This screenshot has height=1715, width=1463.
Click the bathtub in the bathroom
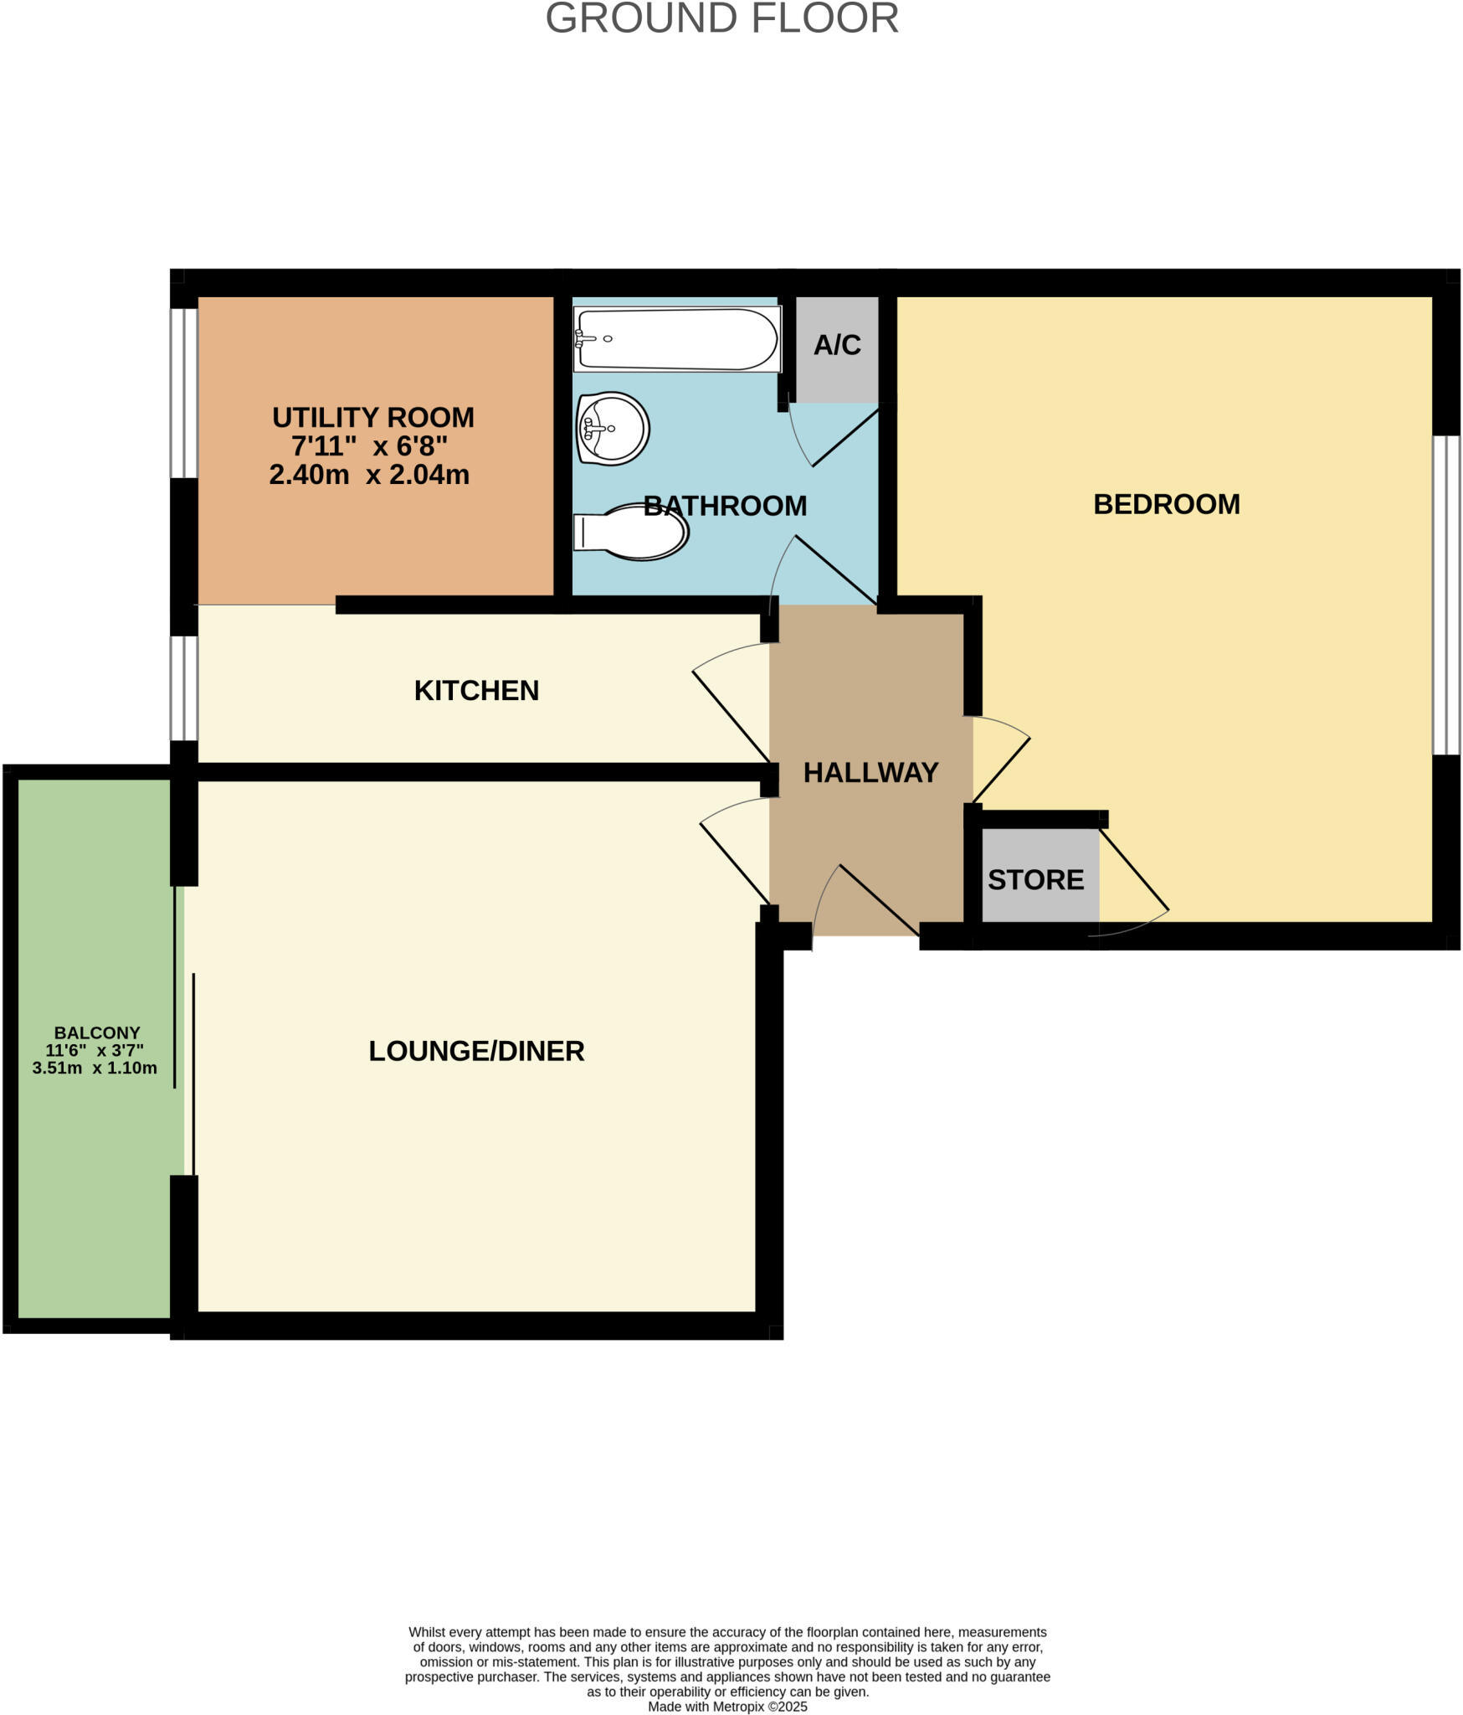pos(676,339)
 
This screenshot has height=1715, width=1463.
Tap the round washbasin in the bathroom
pos(613,429)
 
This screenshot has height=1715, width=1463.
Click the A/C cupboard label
pos(837,345)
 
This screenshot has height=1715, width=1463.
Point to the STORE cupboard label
pos(1035,880)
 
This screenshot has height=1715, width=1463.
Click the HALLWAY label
pos(870,772)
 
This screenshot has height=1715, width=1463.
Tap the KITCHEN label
pos(476,691)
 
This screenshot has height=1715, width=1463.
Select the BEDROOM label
pos(1166,504)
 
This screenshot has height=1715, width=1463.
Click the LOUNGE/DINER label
pos(476,1051)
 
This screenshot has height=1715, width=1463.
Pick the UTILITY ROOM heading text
pos(373,417)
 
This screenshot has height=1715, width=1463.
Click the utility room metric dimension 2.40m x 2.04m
pos(369,475)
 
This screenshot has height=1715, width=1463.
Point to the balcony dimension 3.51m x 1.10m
pos(95,1068)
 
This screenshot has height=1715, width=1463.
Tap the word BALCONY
pos(97,1033)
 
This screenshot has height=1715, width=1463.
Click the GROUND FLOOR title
pos(721,18)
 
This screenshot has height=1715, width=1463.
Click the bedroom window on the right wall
pos(1446,595)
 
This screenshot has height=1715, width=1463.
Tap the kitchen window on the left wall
pos(184,688)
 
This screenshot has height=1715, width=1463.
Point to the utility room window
pos(184,393)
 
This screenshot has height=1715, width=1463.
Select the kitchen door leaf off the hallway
pos(731,717)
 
